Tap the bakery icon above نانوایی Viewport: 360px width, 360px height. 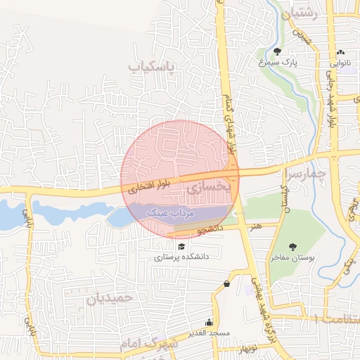point(341,52)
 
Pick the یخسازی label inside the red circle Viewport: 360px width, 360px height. point(205,188)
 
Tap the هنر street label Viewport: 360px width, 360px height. point(255,226)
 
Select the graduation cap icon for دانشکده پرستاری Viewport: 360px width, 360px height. point(182,247)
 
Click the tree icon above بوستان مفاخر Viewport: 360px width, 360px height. point(292,247)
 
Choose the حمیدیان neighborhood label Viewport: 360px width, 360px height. point(110,297)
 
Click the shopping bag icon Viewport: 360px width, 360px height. point(226,283)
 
